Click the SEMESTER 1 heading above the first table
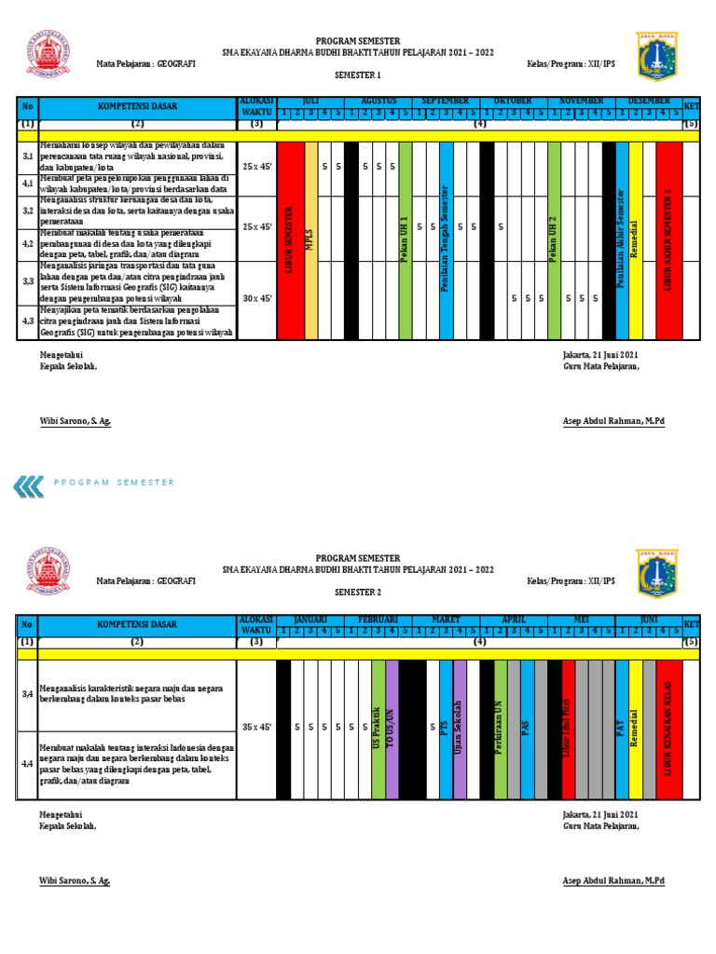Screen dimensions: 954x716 (x=358, y=74)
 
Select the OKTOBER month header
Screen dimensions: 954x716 (x=513, y=101)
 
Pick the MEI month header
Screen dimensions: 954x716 (x=581, y=620)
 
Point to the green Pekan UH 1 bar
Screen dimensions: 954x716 (x=405, y=239)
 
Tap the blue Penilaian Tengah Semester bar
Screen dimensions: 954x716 (x=446, y=239)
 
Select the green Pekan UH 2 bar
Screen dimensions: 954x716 (x=554, y=239)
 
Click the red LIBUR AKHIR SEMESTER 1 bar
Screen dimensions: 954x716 (x=668, y=239)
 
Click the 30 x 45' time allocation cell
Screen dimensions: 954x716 (x=256, y=298)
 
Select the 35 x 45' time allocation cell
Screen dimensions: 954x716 (x=256, y=726)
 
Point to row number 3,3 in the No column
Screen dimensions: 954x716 (x=27, y=281)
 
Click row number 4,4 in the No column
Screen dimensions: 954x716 (x=27, y=764)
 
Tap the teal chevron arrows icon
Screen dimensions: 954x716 (x=29, y=483)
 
